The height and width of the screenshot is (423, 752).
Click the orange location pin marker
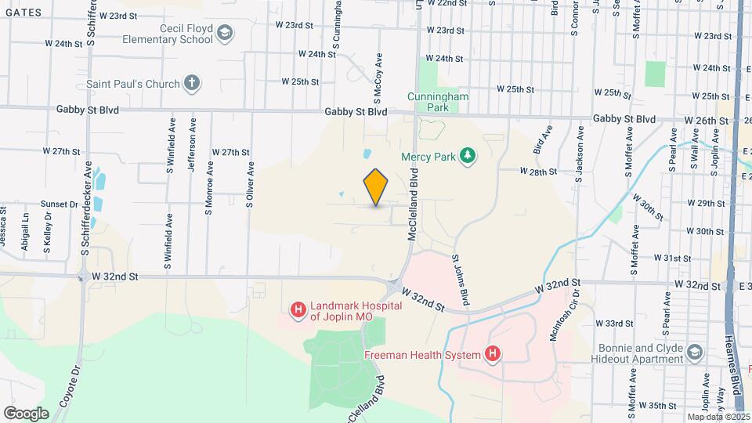[376, 186]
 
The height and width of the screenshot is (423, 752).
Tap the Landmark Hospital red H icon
[298, 311]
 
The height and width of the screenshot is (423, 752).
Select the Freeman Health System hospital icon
[492, 356]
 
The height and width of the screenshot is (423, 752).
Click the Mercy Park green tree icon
[467, 156]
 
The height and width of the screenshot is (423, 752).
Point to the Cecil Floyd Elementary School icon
[226, 32]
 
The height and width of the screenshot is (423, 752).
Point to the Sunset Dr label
[60, 204]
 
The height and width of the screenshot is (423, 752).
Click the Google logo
[26, 413]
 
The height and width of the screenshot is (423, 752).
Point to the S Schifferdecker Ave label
[88, 208]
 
